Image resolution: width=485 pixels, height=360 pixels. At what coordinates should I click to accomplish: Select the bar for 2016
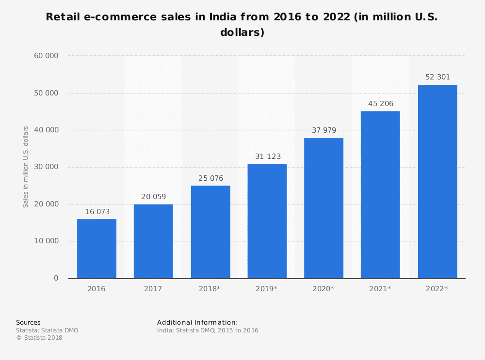click(x=97, y=249)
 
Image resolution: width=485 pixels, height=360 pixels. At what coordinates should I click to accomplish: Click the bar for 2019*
click(x=267, y=221)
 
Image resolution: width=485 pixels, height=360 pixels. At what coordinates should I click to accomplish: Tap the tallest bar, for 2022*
click(x=437, y=182)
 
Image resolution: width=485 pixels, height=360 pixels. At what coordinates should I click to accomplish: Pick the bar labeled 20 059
click(x=153, y=241)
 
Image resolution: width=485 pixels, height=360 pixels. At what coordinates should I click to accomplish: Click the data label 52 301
click(x=437, y=77)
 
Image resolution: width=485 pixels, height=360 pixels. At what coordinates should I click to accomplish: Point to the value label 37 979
click(x=323, y=130)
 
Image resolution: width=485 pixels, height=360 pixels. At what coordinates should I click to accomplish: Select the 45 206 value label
click(x=380, y=104)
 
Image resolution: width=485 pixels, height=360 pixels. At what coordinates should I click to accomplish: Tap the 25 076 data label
click(x=210, y=178)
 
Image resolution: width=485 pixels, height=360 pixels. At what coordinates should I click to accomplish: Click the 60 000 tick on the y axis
click(x=46, y=56)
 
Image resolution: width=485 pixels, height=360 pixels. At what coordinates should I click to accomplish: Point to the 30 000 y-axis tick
click(x=46, y=167)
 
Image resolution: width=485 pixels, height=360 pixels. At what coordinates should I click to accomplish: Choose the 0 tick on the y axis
click(x=56, y=278)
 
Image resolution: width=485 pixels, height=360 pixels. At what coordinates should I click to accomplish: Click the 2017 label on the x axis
click(x=153, y=289)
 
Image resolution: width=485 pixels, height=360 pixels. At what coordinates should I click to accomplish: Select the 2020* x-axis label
click(x=323, y=289)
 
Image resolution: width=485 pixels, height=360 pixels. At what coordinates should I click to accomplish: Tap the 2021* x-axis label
click(x=380, y=289)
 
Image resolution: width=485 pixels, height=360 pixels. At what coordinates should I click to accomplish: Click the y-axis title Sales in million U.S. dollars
click(x=26, y=167)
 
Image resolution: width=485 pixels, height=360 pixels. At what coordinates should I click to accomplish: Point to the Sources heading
click(x=28, y=323)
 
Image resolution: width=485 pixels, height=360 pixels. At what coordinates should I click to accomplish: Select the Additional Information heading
click(x=197, y=323)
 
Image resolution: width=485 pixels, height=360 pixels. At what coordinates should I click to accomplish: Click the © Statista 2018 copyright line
click(x=39, y=338)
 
